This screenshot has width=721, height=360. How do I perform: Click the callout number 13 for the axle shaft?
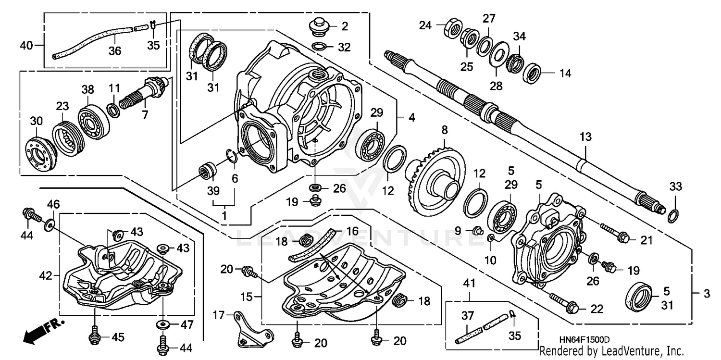[x=584, y=137]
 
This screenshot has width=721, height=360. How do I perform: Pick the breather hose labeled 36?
[x=91, y=40]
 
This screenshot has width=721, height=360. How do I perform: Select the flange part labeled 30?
[x=40, y=153]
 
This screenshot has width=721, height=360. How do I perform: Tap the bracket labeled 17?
[x=250, y=329]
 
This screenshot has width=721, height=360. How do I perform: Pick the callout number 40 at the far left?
[x=26, y=46]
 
